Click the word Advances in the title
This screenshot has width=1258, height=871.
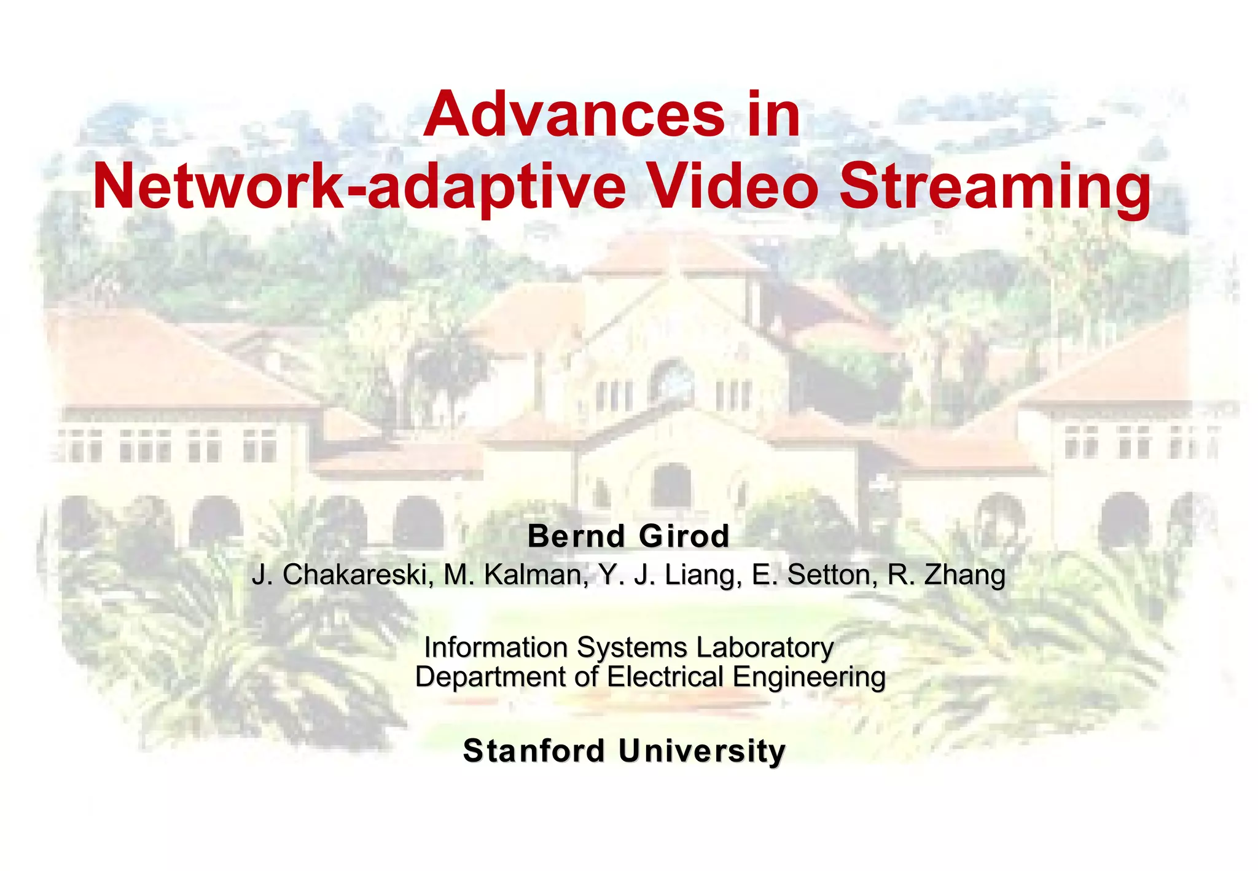pyautogui.click(x=574, y=115)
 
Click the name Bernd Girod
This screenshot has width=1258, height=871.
pyautogui.click(x=628, y=536)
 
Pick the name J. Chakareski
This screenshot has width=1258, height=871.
pyautogui.click(x=340, y=575)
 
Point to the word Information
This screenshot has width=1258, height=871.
pyautogui.click(x=496, y=647)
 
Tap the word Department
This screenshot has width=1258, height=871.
pyautogui.click(x=491, y=678)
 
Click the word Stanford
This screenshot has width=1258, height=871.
pyautogui.click(x=534, y=751)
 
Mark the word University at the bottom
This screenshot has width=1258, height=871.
pyautogui.click(x=701, y=751)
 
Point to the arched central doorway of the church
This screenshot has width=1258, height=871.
pyautogui.click(x=671, y=485)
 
